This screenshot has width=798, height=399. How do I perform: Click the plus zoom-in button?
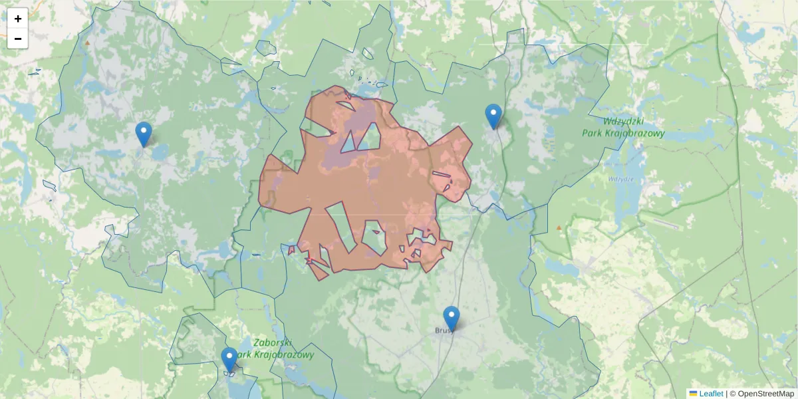click(18, 19)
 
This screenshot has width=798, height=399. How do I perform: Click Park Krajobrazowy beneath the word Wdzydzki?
click(623, 133)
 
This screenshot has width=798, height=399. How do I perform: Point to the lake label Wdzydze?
click(620, 180)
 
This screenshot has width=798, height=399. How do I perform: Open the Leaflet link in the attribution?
click(711, 394)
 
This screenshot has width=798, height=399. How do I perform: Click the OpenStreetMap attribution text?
click(765, 394)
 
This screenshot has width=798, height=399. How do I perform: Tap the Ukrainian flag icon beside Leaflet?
click(693, 394)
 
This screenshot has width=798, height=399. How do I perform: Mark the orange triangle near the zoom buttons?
click(87, 43)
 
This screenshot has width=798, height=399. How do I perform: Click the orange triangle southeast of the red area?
click(559, 228)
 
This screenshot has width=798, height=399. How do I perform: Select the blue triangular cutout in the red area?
click(348, 142)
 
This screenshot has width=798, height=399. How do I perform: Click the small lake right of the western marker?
click(160, 153)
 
